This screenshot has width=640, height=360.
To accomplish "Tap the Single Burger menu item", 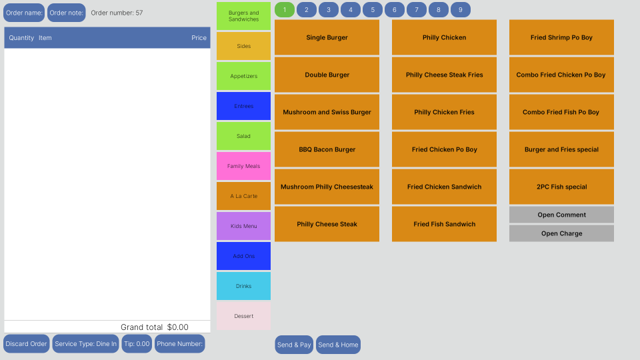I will tap(327, 37).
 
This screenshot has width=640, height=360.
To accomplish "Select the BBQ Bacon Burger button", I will tap(327, 149).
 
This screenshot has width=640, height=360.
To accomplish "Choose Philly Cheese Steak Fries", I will tap(444, 75).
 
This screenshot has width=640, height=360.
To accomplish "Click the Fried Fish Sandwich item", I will tap(444, 224).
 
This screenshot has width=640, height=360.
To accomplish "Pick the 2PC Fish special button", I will tap(561, 187).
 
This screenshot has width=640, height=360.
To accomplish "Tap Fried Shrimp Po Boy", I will tap(561, 37).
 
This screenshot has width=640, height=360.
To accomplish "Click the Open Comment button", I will tap(561, 215).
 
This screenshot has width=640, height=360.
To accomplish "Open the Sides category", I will tap(243, 46).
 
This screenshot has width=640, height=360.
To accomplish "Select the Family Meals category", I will tap(243, 166).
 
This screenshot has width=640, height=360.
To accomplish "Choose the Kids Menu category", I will tap(243, 226).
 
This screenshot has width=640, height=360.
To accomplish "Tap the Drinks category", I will tap(243, 286).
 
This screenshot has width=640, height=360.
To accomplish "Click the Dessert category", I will tap(243, 316).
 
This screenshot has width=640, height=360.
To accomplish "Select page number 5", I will tap(373, 10).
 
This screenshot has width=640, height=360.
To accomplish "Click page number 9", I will tap(460, 10).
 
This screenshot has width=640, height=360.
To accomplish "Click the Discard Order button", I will tap(27, 344).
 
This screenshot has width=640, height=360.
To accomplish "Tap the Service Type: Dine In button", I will tap(85, 344).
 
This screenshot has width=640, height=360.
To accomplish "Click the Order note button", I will tap(67, 13).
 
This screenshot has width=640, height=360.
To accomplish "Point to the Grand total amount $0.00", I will tap(178, 327).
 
